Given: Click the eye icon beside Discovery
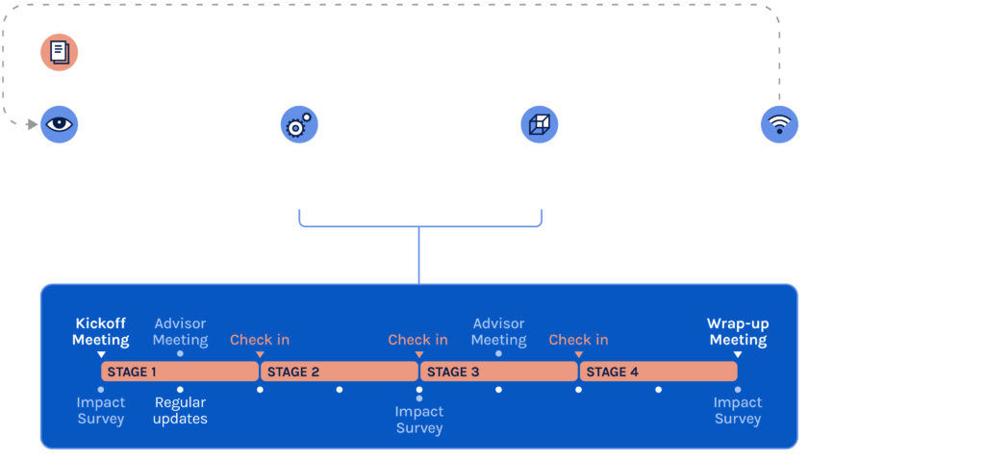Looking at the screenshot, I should click(x=59, y=125).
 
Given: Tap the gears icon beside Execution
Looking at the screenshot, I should click(x=299, y=125).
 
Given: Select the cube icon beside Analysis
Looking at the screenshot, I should click(x=540, y=125).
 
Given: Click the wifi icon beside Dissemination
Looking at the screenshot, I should click(x=779, y=125).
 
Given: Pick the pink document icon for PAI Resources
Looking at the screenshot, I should click(x=59, y=52).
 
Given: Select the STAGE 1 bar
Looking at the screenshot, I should click(x=179, y=372).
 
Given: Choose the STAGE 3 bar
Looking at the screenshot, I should click(x=498, y=372).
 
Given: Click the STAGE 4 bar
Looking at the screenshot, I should click(x=658, y=372).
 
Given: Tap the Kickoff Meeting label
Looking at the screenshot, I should click(x=101, y=332).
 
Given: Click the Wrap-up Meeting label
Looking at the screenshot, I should click(x=738, y=332).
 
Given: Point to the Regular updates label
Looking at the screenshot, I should click(x=181, y=410).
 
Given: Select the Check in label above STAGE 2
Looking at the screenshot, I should click(x=260, y=340).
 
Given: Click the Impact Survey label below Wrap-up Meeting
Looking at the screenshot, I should click(x=738, y=410).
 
